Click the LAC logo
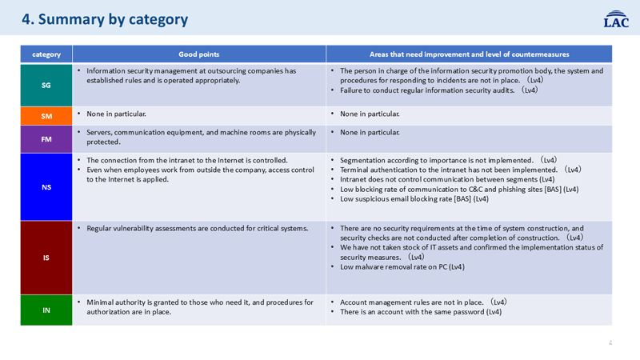coord(616,19)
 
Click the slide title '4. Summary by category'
coord(105,19)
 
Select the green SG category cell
coord(46,85)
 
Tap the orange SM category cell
coord(46,116)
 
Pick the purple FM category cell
coord(46,139)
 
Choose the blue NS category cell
coord(46,187)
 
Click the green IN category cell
coord(46,310)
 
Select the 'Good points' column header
coord(199,54)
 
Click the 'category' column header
coord(46,54)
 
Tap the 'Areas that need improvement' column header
coord(469,54)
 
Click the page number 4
coord(610,343)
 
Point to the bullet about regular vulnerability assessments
coord(197,229)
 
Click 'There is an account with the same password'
coord(421,312)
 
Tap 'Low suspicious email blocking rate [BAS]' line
coord(414,199)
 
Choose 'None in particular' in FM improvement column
coord(370,132)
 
